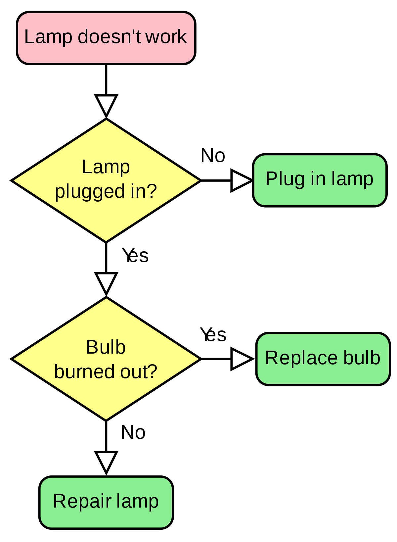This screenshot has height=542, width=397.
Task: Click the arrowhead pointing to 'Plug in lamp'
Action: pos(241,180)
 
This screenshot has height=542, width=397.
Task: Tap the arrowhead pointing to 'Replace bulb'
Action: pos(241,359)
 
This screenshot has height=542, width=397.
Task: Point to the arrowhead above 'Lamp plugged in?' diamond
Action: pos(106,104)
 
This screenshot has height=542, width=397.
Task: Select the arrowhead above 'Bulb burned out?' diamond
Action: pos(106,282)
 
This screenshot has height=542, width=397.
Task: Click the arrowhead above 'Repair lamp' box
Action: pos(106,461)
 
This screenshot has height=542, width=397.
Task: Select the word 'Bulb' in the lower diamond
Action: pos(106,347)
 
